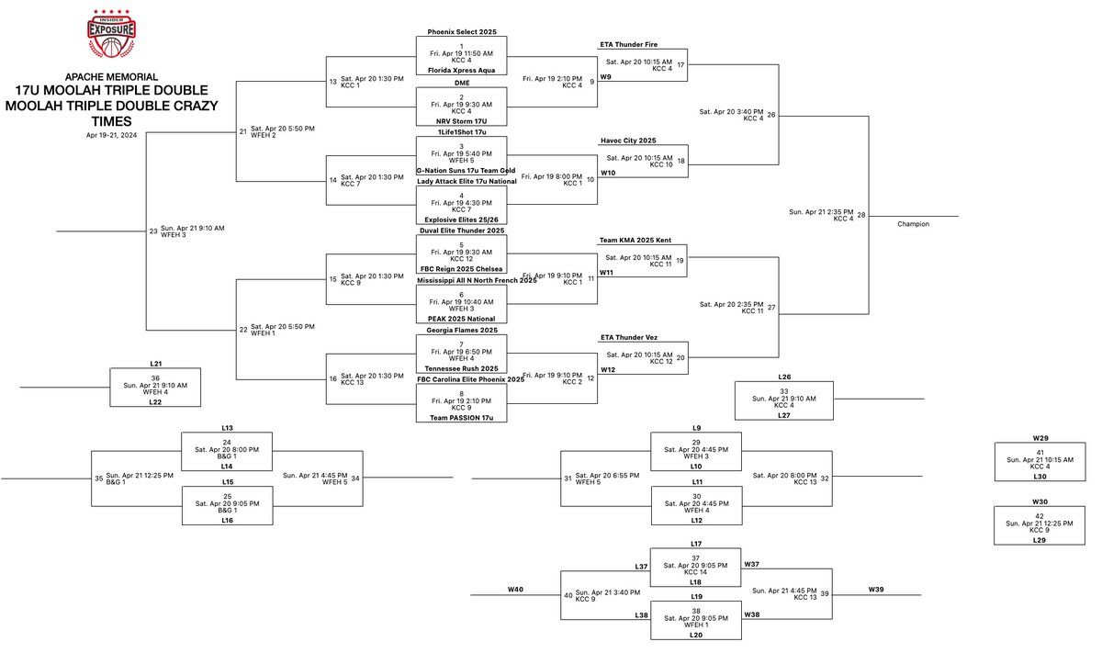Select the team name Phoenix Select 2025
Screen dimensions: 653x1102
tap(461, 31)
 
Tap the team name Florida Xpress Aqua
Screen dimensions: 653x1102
tap(461, 69)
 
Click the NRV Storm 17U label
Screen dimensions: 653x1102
tap(461, 120)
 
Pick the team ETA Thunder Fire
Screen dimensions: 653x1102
tap(628, 44)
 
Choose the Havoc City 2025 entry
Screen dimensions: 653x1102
tap(629, 141)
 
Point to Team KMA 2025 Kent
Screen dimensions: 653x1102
tap(635, 240)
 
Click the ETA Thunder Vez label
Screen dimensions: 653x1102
tap(629, 338)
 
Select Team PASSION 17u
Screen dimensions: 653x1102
tap(461, 418)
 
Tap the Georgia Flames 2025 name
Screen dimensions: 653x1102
tap(461, 329)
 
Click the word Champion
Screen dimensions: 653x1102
tap(913, 223)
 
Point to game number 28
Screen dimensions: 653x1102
tap(861, 215)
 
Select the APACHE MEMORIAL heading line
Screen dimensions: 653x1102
tap(111, 76)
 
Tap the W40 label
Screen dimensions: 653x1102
tap(515, 589)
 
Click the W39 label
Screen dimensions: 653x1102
tap(877, 589)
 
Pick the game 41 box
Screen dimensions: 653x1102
tap(1040, 462)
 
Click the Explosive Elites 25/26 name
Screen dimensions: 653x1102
tap(461, 220)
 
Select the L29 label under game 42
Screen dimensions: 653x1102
tap(1040, 540)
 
